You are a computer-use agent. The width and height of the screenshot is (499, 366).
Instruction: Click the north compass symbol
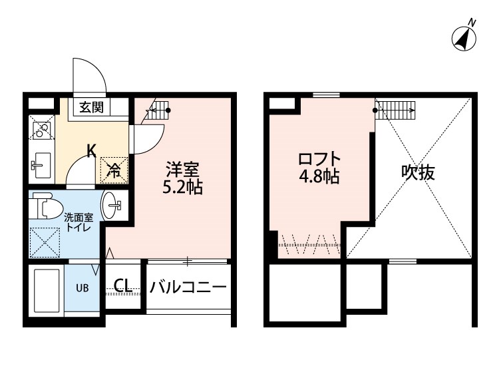click(464, 37)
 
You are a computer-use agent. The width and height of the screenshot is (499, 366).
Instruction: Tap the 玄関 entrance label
click(92, 107)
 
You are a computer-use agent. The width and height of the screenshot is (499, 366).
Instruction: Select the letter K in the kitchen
click(92, 151)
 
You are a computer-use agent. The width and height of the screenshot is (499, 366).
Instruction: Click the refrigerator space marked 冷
click(114, 170)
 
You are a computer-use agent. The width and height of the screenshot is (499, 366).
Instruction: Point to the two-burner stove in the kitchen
click(42, 128)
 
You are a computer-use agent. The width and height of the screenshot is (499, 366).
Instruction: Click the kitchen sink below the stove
click(42, 165)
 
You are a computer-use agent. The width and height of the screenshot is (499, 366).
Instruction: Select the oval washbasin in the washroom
click(110, 205)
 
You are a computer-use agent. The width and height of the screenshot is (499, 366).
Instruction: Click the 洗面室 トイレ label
click(79, 223)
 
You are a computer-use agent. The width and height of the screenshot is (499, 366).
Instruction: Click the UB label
click(82, 288)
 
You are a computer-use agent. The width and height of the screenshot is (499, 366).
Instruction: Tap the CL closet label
click(123, 285)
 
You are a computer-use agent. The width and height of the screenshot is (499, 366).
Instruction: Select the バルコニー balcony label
click(188, 287)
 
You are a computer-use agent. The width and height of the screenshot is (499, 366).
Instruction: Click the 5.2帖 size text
click(182, 188)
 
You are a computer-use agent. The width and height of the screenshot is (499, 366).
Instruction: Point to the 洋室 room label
click(183, 170)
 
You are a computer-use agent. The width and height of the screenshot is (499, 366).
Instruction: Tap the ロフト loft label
click(319, 159)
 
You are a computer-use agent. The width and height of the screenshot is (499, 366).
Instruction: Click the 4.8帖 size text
click(319, 176)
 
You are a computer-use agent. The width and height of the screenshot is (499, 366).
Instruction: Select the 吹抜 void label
click(418, 173)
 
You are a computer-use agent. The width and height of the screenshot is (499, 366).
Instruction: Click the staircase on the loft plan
click(395, 110)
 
